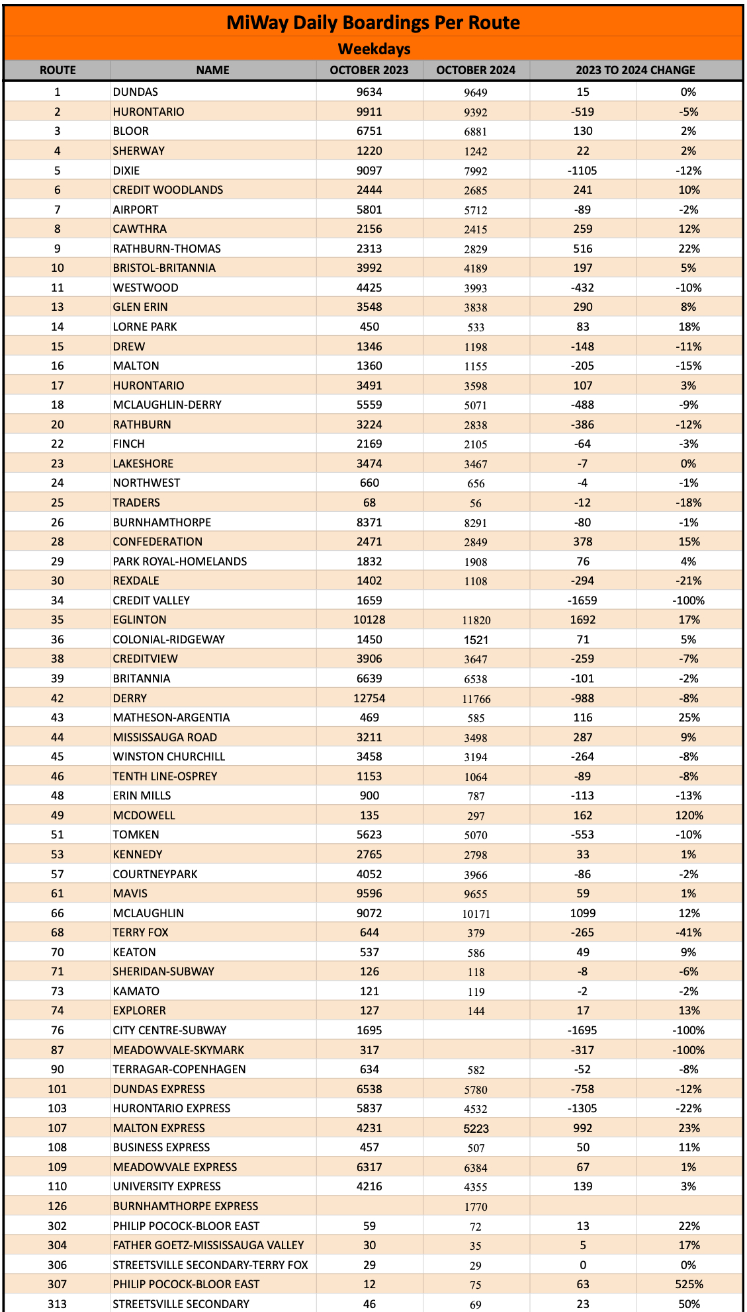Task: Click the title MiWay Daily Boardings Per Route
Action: pyautogui.click(x=373, y=22)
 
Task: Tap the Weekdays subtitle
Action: pyautogui.click(x=374, y=49)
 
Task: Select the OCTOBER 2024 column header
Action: pyautogui.click(x=476, y=70)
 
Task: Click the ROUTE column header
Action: pyautogui.click(x=58, y=70)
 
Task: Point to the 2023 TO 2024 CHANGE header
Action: pyautogui.click(x=635, y=70)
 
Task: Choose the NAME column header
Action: pyautogui.click(x=212, y=70)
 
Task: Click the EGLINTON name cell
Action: pyautogui.click(x=140, y=620)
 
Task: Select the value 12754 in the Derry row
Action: pyautogui.click(x=369, y=698)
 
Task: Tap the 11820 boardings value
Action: pyautogui.click(x=476, y=620)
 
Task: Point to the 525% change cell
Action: pyautogui.click(x=688, y=1284)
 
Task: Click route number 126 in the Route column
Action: pyautogui.click(x=58, y=1206)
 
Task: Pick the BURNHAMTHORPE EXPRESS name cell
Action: pyautogui.click(x=185, y=1206)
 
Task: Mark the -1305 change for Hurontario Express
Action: pyautogui.click(x=582, y=1108)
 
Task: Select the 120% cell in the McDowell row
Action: pyautogui.click(x=688, y=815)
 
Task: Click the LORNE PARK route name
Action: pyautogui.click(x=145, y=327)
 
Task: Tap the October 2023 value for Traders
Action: pyautogui.click(x=369, y=503)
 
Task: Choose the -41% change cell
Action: pyautogui.click(x=688, y=932)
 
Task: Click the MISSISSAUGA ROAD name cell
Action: pyautogui.click(x=165, y=737)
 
